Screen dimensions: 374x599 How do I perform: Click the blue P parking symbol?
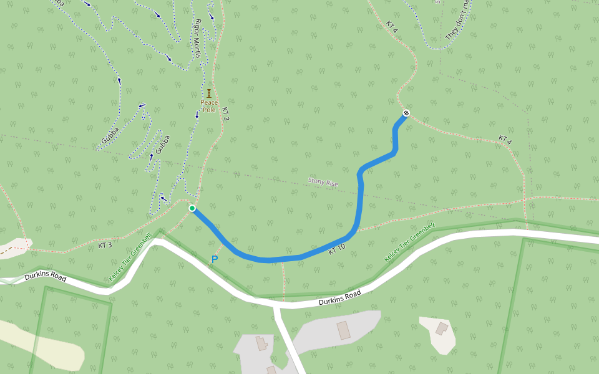tap(215, 259)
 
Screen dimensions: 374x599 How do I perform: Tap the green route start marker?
tap(192, 208)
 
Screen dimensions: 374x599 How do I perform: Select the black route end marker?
tap(406, 113)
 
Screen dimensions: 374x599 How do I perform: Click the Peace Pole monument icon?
tap(209, 93)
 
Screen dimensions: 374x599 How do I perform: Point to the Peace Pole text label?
tap(209, 106)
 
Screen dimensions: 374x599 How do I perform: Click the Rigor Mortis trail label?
tap(198, 39)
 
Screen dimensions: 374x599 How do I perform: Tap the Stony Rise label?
tap(323, 183)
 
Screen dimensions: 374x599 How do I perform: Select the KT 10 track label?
tap(337, 248)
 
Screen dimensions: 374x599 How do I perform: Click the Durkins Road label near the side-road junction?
tap(339, 298)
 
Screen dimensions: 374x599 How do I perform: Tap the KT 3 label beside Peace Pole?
tap(226, 110)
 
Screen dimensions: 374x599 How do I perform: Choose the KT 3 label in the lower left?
tap(105, 246)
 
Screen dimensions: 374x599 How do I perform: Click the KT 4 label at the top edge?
tap(391, 26)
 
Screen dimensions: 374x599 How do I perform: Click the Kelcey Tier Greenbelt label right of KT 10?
tap(409, 243)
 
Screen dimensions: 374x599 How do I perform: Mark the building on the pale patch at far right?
tap(442, 328)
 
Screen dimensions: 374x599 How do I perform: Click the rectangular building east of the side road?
tap(344, 330)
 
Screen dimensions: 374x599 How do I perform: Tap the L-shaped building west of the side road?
tap(261, 343)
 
